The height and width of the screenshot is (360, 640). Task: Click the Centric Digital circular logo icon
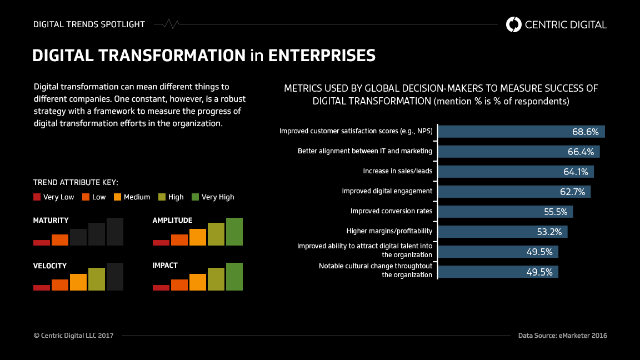coord(514,24)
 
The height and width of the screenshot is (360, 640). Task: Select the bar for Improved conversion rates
coord(506,212)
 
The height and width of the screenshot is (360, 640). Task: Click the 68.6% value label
coord(585,132)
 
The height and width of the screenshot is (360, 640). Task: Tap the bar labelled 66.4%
coord(519,152)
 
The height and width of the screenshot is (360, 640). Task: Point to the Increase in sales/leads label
coord(397,171)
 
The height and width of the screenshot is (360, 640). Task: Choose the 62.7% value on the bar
coord(572,192)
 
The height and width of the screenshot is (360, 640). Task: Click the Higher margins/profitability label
coord(389,231)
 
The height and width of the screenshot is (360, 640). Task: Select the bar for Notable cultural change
coord(498,272)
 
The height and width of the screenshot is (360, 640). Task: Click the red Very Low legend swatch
coord(37,197)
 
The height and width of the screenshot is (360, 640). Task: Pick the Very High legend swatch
coord(195,197)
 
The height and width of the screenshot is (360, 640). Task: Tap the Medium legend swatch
coord(117,197)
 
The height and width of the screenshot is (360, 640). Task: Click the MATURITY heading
coord(51,221)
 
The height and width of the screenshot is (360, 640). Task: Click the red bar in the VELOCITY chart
coord(42,287)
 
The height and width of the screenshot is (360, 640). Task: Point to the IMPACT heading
coord(165,266)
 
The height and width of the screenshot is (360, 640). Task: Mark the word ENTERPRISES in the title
coord(322,56)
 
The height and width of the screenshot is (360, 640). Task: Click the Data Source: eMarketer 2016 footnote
coord(562,336)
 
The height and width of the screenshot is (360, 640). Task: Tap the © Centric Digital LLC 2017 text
coord(73,336)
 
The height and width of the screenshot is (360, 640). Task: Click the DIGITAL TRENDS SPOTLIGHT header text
coord(89,24)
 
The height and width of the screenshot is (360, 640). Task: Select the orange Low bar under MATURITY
coord(60,240)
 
